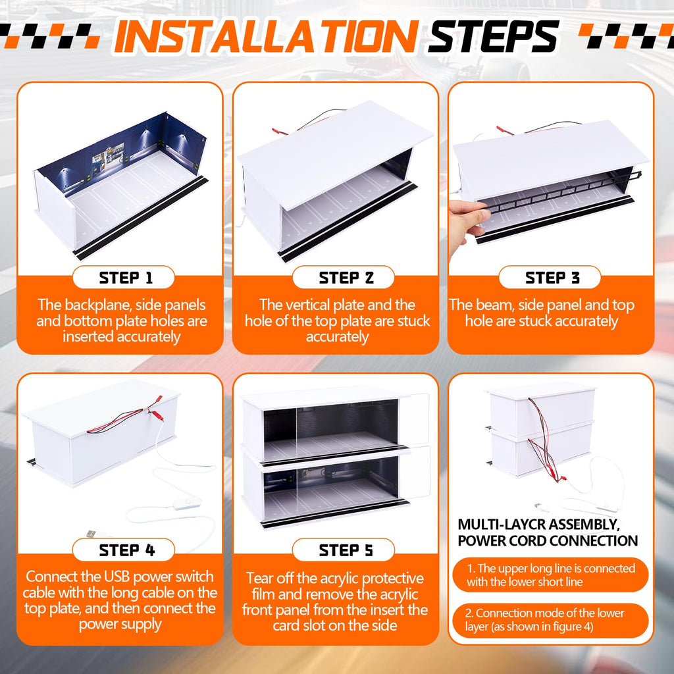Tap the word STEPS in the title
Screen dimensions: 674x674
(x=493, y=37)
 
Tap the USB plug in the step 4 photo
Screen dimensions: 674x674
(x=91, y=534)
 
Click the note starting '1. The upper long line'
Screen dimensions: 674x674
(x=550, y=575)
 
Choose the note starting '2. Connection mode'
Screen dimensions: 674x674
(x=550, y=620)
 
